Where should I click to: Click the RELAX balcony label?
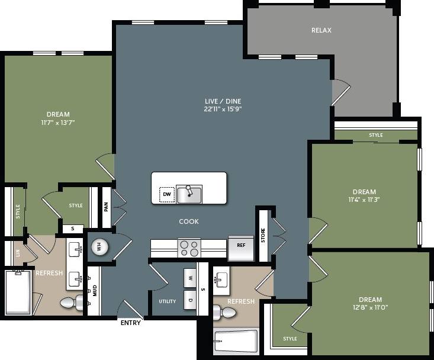coord(322,30)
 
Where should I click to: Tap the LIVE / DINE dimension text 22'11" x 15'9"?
coord(223,109)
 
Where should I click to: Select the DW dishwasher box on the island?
coord(166,194)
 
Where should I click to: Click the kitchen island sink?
coord(189,194)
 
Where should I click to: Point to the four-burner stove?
coord(189,247)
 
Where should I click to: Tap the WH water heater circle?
coord(98,247)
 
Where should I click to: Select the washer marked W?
coord(190,277)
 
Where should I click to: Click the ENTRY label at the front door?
coord(131,323)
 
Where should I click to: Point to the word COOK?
coord(189,221)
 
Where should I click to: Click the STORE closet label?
coord(263,235)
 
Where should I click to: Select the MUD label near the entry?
coord(94,290)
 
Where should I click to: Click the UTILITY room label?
coord(167,301)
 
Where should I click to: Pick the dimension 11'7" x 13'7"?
coord(58,123)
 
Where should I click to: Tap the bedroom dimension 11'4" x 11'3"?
coord(364,200)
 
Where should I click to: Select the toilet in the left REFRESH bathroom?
coord(69,303)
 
